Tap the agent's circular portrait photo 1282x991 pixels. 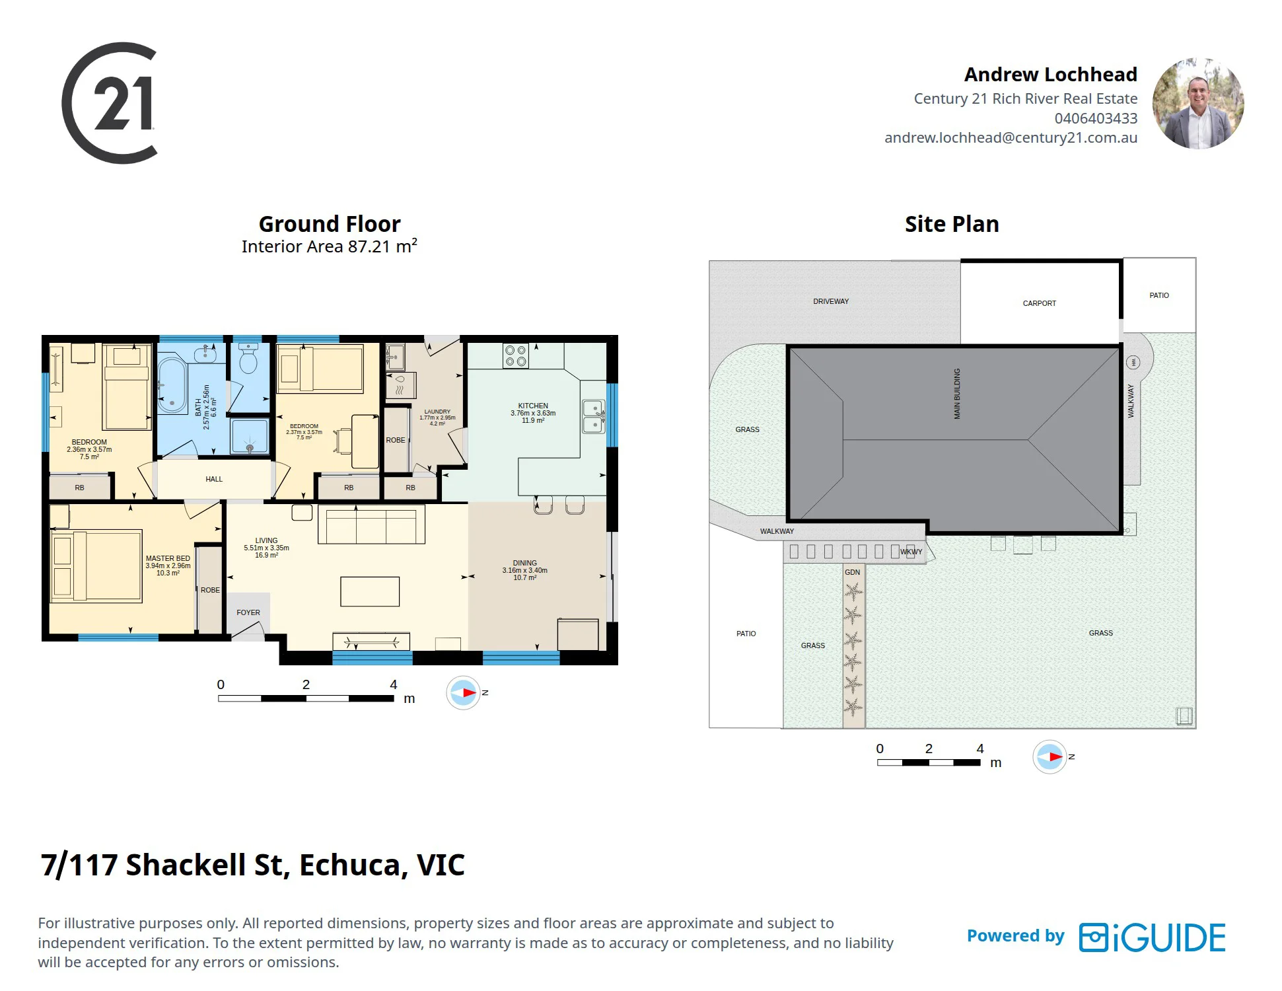click(1198, 103)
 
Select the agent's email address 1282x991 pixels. click(1011, 138)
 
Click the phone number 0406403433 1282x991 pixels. click(1096, 118)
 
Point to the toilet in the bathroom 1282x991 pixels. click(248, 358)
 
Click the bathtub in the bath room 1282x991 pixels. click(172, 385)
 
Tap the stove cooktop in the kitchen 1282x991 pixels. click(515, 355)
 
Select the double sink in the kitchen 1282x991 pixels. click(593, 416)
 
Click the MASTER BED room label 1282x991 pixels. click(168, 558)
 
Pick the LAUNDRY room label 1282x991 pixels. click(437, 412)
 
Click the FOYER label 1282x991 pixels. click(248, 612)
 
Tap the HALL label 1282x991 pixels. click(214, 479)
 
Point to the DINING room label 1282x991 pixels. click(525, 563)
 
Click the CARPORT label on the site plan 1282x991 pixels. click(1040, 303)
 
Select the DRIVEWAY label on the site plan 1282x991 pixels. click(831, 301)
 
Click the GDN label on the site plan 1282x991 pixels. click(853, 572)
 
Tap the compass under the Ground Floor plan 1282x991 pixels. click(463, 693)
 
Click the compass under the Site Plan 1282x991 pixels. click(1050, 757)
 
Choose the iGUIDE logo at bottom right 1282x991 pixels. click(1153, 937)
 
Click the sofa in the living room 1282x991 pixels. click(371, 525)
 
